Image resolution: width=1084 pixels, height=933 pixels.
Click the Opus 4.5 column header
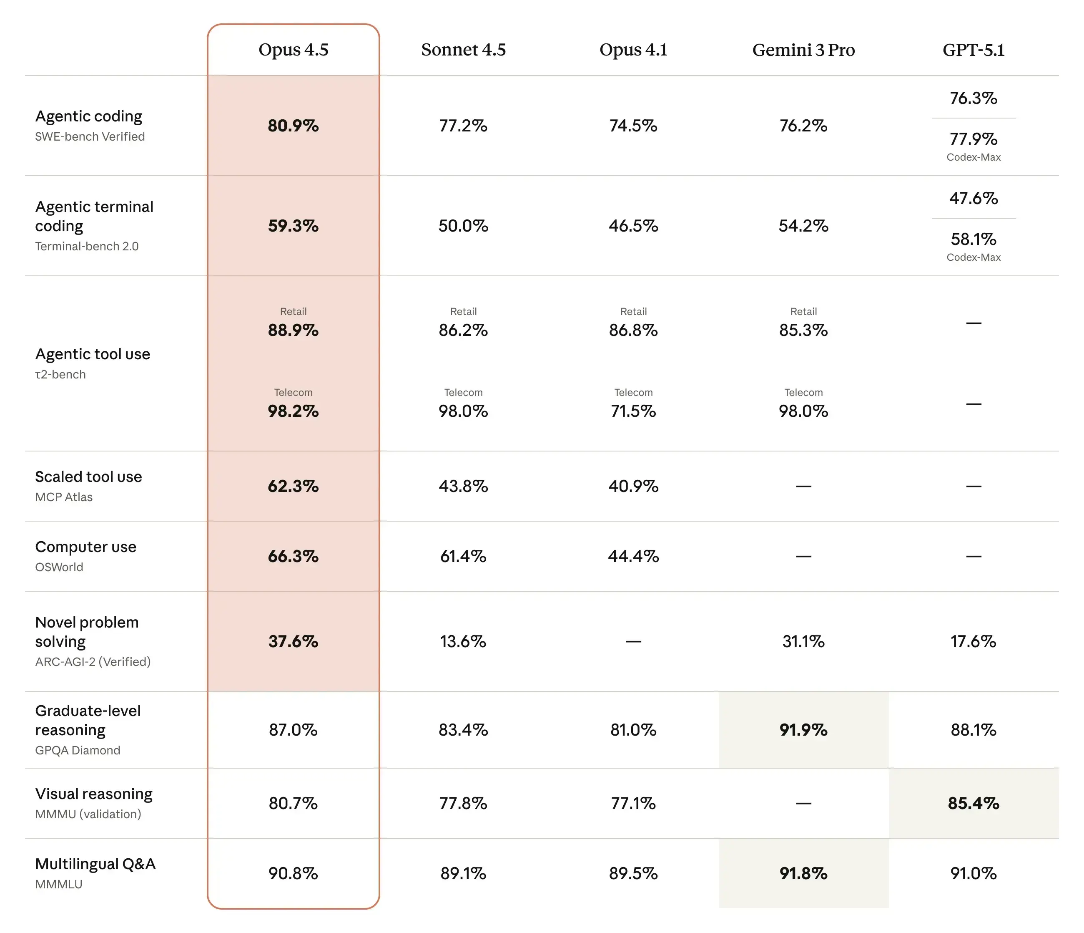(x=293, y=50)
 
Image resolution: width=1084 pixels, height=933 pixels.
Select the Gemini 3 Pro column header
(x=803, y=50)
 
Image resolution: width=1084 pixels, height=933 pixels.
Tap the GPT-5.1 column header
(x=973, y=50)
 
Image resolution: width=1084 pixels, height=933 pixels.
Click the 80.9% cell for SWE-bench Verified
(x=293, y=126)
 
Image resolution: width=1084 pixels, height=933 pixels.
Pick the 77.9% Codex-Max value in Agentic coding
(x=973, y=139)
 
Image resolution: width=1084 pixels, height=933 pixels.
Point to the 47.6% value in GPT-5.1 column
(x=973, y=199)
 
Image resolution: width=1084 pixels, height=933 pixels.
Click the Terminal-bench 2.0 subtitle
(x=87, y=246)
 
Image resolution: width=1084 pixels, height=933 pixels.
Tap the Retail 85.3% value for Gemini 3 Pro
(x=803, y=330)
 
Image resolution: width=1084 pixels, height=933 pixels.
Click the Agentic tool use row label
(x=93, y=354)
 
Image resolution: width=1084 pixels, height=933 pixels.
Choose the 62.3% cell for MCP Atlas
(x=293, y=486)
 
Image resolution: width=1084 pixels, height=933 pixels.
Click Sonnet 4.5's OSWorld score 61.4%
(x=463, y=556)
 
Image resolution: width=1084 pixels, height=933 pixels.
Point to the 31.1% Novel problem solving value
(x=803, y=641)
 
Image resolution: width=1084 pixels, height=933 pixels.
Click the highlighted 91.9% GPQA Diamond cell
(x=803, y=730)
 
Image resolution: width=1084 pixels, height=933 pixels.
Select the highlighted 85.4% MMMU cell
(x=973, y=803)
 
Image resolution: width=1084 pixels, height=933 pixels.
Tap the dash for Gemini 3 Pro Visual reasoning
(x=803, y=803)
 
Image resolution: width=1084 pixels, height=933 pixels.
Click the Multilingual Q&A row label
(x=95, y=864)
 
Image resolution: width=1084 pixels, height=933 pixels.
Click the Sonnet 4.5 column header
(x=463, y=50)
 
